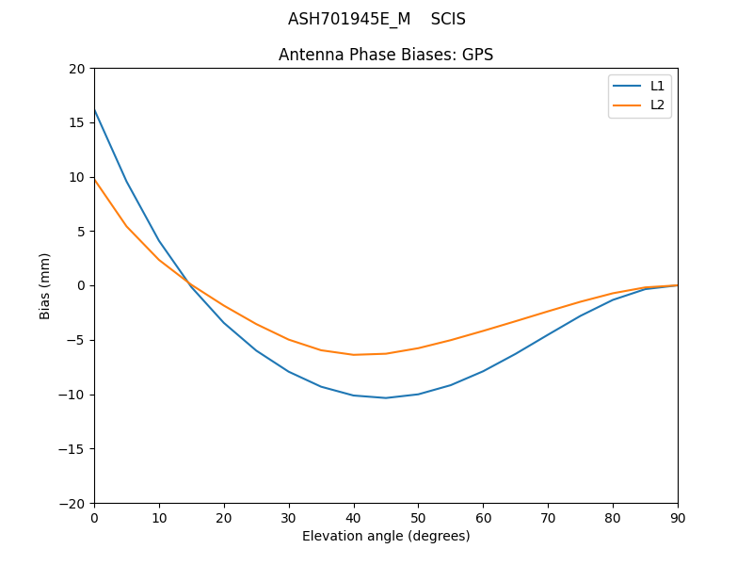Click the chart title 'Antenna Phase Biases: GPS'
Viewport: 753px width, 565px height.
coord(386,55)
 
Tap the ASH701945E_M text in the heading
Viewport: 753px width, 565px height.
coord(349,19)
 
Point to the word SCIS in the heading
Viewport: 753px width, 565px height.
coord(448,19)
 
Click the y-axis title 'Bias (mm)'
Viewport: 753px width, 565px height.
coord(45,285)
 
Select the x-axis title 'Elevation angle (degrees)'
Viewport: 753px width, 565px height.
coord(386,536)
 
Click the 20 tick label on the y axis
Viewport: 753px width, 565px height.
coord(76,69)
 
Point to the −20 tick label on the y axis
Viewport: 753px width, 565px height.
coord(72,503)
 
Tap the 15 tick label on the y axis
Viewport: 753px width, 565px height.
coord(76,122)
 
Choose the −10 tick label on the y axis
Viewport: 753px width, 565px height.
coord(72,395)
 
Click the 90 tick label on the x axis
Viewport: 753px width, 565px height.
coord(678,517)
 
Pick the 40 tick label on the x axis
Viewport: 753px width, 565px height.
coord(354,517)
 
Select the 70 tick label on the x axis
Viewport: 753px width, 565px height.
coord(548,517)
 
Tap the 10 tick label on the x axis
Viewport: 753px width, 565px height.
coord(159,517)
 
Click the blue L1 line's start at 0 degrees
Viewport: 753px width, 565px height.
coord(94,109)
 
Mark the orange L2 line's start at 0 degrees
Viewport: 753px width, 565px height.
coord(94,179)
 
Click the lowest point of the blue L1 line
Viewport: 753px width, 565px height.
coord(386,397)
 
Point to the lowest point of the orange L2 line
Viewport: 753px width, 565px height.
coord(354,355)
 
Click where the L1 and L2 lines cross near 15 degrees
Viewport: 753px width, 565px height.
coord(189,282)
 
